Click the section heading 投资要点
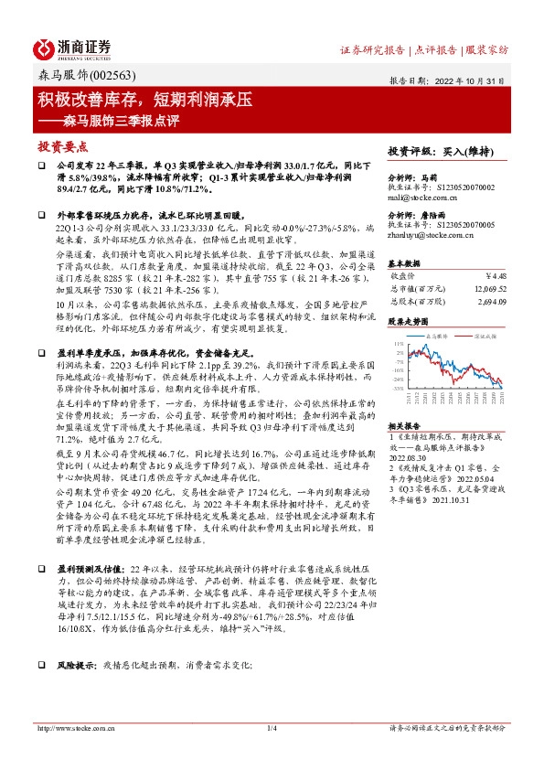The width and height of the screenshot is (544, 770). (62, 146)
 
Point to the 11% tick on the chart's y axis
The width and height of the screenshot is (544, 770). (399, 342)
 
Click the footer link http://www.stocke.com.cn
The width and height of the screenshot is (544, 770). (76, 728)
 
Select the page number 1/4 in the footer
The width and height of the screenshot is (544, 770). (272, 728)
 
